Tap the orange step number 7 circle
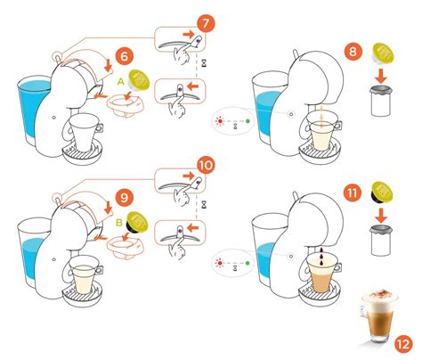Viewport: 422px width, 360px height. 204,20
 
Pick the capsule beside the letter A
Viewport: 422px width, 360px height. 140,83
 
